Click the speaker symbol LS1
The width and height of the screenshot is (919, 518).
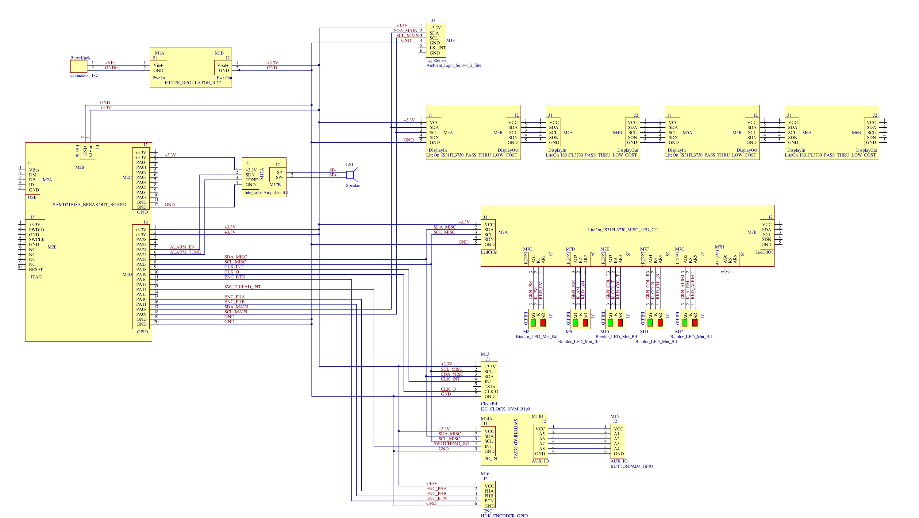[352, 175]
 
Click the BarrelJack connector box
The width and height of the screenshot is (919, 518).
[79, 66]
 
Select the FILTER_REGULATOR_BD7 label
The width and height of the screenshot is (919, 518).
[192, 83]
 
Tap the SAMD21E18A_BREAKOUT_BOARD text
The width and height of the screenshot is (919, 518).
[89, 205]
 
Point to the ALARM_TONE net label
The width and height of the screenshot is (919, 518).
[185, 252]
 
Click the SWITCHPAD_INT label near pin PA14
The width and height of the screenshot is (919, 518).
[242, 287]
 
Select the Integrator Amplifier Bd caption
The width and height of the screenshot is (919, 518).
[265, 192]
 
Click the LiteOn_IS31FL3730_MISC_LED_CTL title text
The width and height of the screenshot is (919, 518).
[624, 230]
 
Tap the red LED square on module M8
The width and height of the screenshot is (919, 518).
[543, 323]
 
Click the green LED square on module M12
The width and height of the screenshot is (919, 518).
[685, 323]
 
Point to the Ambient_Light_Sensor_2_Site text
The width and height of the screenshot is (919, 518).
[453, 65]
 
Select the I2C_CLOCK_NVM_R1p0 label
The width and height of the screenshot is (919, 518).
[505, 409]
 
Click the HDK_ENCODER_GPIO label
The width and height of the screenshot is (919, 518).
[504, 516]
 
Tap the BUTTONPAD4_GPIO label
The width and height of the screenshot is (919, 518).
[632, 466]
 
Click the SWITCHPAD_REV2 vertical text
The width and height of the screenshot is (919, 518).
[516, 439]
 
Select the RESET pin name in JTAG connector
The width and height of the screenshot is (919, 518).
[36, 269]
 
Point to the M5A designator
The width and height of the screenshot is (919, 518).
[687, 133]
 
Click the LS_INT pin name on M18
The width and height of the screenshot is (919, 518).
[437, 48]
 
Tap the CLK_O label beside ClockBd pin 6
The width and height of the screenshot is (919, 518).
[448, 389]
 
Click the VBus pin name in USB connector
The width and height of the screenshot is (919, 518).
[34, 170]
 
